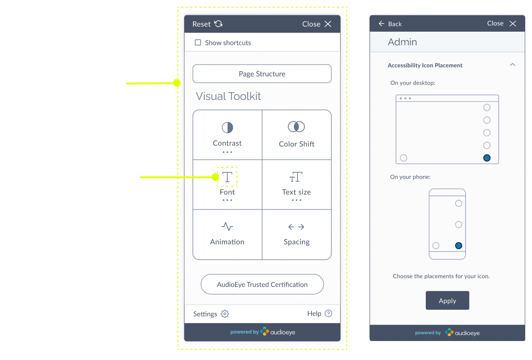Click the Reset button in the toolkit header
(207, 24)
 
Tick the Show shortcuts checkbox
(198, 43)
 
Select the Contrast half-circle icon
(227, 127)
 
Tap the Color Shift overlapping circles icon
(297, 127)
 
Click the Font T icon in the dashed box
(227, 177)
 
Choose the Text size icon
(297, 177)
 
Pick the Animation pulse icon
(227, 227)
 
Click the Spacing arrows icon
(297, 227)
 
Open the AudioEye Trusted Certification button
(262, 284)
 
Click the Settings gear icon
(225, 314)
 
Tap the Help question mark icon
(328, 313)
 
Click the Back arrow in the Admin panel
(382, 24)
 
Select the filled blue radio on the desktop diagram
(487, 158)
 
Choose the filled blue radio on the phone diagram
(459, 246)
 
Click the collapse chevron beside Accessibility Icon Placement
(513, 65)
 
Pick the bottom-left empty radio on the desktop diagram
(404, 158)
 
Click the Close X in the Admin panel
(513, 24)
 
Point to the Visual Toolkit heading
(228, 96)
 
